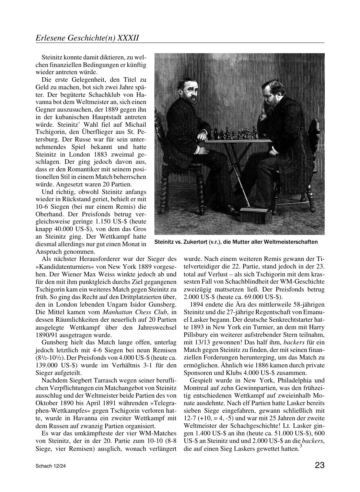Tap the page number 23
[x=319, y=465]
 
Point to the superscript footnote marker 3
[x=301, y=446]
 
